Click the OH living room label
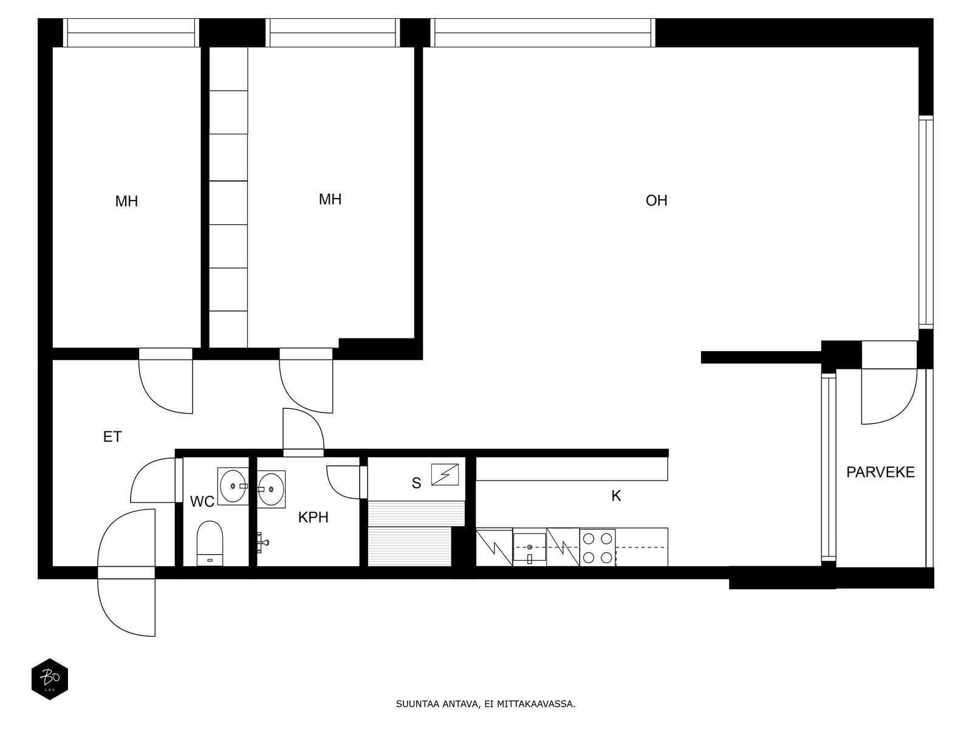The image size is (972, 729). click(656, 200)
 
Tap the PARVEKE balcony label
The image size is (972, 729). click(880, 472)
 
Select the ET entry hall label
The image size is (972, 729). click(112, 437)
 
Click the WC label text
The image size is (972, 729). click(202, 502)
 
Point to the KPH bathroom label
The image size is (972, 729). click(313, 518)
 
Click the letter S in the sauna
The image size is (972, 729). click(416, 484)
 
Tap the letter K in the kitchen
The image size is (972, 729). click(616, 496)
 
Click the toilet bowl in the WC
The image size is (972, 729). click(210, 543)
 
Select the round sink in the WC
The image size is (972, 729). click(233, 486)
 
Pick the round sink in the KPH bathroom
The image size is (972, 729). click(271, 488)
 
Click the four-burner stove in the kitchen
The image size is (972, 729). click(597, 548)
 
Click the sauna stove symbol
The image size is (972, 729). click(445, 474)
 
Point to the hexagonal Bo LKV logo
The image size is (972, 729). click(50, 679)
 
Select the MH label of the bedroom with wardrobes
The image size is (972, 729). click(330, 200)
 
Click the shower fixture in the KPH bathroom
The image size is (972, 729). click(262, 542)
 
